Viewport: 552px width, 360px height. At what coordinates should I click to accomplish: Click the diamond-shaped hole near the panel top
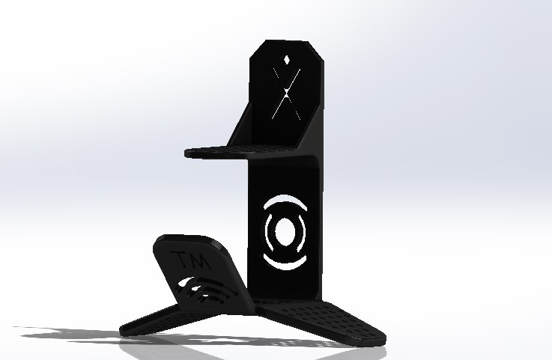[x=287, y=58]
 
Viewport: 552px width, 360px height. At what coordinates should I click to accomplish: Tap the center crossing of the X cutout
[x=286, y=94]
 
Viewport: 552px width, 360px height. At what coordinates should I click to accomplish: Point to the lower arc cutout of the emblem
[x=285, y=263]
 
